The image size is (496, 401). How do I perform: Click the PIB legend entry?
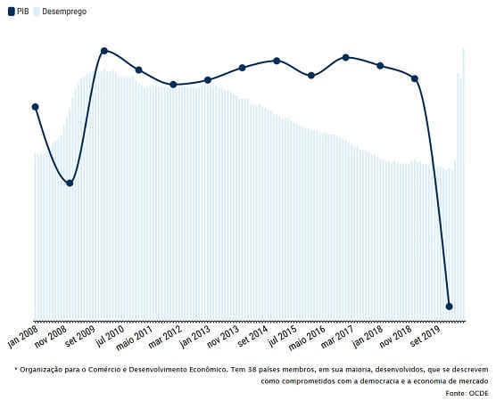(19, 12)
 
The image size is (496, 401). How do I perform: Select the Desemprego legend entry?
(60, 12)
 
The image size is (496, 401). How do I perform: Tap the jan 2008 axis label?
(23, 337)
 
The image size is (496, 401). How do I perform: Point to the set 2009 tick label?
(80, 337)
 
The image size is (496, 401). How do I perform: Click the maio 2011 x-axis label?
(135, 338)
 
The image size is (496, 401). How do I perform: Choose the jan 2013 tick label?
(195, 337)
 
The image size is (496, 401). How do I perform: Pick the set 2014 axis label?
(252, 337)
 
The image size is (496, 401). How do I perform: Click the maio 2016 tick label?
(307, 338)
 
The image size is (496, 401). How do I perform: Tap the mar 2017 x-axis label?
(337, 337)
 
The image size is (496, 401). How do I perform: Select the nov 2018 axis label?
(396, 337)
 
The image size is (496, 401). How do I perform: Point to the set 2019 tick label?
(426, 337)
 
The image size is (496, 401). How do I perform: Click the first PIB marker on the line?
(36, 107)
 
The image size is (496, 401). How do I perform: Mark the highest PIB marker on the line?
(104, 51)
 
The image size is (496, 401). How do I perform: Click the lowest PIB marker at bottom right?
(449, 307)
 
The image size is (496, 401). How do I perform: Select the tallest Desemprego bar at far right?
(463, 184)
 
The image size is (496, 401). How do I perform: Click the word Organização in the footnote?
(39, 370)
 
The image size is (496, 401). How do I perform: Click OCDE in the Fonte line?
(478, 393)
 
